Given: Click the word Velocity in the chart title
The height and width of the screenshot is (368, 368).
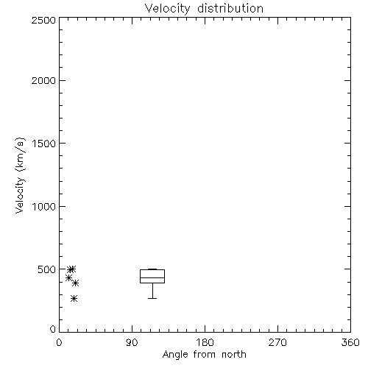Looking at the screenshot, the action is [167, 9].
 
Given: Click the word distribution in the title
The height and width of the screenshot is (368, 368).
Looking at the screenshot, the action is [230, 8].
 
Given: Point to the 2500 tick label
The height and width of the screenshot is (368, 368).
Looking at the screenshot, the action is [43, 20].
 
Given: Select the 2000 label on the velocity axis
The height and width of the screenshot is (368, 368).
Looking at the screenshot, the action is [43, 80].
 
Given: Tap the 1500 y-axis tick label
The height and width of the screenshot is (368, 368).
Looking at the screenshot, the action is [44, 144].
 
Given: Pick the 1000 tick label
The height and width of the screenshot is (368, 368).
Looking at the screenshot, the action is [44, 206].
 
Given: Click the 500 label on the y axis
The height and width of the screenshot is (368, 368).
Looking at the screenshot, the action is [47, 269].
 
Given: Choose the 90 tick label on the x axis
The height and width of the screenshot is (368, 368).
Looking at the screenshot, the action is [132, 342].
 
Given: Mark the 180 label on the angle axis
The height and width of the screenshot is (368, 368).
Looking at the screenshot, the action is [205, 342].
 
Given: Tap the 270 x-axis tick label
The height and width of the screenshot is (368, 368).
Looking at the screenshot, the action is [277, 342].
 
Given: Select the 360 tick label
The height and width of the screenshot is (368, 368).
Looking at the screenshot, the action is [350, 342].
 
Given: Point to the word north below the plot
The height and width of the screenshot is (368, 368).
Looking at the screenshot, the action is [234, 355].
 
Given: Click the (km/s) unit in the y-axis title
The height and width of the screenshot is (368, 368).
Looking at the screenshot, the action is [20, 155].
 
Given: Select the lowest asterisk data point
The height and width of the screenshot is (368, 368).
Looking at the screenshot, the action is [74, 299].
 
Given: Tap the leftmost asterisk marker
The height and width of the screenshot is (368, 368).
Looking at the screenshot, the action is [68, 278].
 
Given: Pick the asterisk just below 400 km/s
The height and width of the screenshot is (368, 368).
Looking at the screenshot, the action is [75, 283].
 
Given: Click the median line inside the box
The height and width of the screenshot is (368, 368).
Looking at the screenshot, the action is [152, 277].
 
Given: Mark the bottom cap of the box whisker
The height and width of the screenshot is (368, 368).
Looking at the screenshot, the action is [152, 298].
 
